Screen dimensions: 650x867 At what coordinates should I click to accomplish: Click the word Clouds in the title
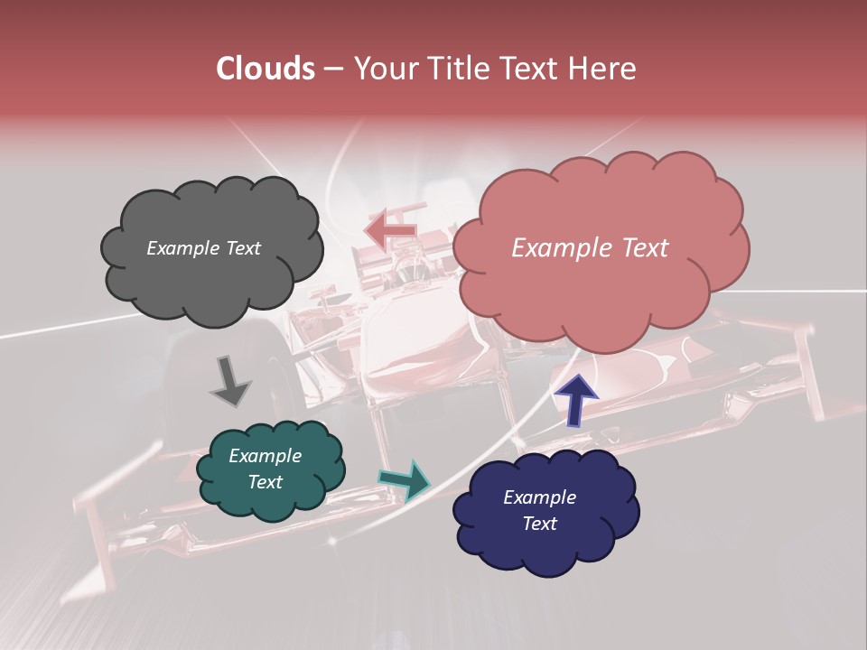click(265, 69)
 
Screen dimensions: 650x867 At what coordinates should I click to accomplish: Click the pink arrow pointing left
click(390, 229)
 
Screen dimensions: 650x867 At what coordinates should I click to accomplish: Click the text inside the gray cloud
click(203, 248)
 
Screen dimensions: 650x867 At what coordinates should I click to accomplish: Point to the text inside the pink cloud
click(590, 248)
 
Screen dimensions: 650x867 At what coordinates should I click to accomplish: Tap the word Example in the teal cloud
click(265, 456)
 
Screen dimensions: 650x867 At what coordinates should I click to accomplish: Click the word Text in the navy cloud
click(539, 524)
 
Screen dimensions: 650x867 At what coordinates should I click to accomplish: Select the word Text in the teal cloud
click(265, 482)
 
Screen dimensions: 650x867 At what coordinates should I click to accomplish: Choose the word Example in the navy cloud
click(539, 497)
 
